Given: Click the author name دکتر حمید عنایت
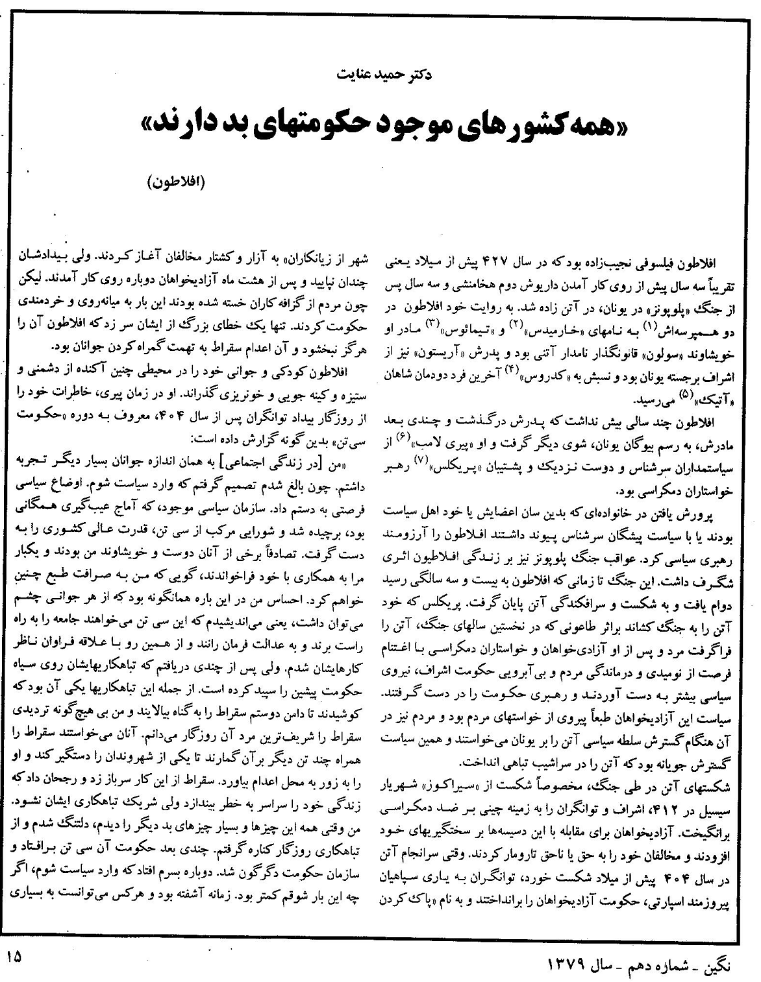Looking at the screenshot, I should [380, 74].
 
